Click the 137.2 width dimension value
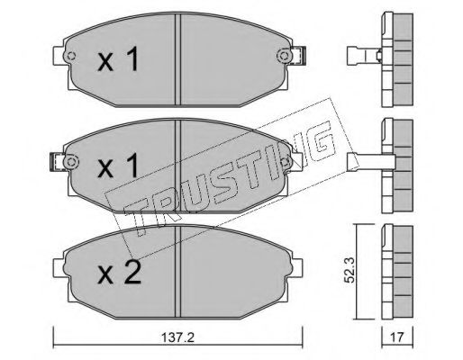[x=178, y=337]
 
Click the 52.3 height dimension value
[x=350, y=270]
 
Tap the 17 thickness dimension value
[x=396, y=337]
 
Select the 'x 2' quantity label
[x=119, y=272]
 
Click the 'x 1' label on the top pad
[x=118, y=58]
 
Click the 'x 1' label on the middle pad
[x=118, y=166]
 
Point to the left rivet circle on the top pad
[x=71, y=56]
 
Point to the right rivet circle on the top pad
[x=283, y=56]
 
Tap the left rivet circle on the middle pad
[x=71, y=162]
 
